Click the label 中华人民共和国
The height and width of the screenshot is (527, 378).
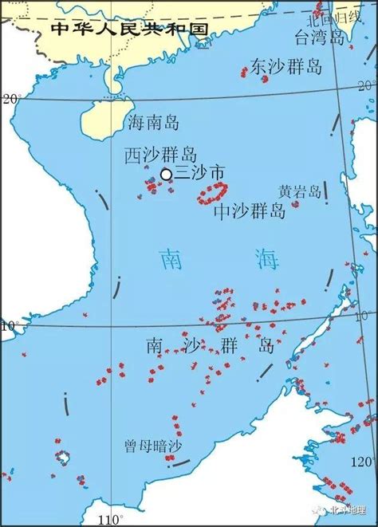click(128, 29)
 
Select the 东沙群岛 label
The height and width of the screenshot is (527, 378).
click(286, 66)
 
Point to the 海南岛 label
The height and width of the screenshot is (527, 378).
click(154, 122)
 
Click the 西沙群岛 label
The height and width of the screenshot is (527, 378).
click(161, 155)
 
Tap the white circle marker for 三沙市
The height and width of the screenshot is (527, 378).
click(166, 174)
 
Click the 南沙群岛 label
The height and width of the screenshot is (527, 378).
click(211, 345)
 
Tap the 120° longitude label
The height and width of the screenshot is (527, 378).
click(361, 462)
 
